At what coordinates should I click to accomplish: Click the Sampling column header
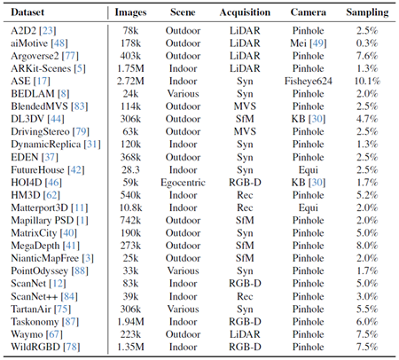(367, 12)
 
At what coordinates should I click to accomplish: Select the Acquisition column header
(245, 12)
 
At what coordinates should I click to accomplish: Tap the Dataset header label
(27, 12)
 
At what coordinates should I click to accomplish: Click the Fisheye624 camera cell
(309, 81)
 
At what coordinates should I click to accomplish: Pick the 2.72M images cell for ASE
(130, 81)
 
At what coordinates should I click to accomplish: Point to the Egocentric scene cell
(183, 183)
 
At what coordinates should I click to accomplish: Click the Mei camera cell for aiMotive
(309, 43)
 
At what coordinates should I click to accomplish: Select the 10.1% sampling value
(367, 81)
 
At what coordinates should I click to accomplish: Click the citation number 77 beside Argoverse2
(70, 56)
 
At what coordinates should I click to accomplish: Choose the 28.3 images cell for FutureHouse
(130, 169)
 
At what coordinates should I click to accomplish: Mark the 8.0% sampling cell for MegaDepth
(367, 246)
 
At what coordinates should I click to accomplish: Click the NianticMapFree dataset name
(45, 258)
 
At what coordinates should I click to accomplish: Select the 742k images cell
(130, 220)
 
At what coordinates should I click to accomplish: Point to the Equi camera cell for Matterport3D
(309, 207)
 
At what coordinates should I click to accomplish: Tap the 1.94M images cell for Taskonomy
(130, 322)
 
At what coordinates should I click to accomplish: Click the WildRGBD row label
(35, 347)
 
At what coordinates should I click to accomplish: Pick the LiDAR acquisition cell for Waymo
(245, 334)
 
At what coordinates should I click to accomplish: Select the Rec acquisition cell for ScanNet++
(245, 296)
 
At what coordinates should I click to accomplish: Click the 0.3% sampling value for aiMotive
(367, 43)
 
